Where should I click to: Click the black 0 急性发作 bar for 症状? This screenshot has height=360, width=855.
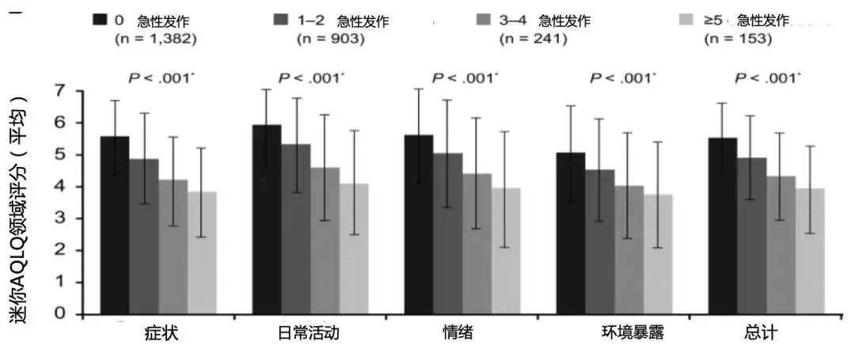[115, 225]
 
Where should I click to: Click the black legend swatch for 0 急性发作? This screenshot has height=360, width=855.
[100, 20]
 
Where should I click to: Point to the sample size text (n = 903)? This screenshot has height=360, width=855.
[330, 38]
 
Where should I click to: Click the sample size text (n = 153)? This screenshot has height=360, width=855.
[736, 38]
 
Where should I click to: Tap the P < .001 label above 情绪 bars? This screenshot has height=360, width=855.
[464, 78]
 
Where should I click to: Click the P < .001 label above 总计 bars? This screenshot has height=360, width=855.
[767, 78]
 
